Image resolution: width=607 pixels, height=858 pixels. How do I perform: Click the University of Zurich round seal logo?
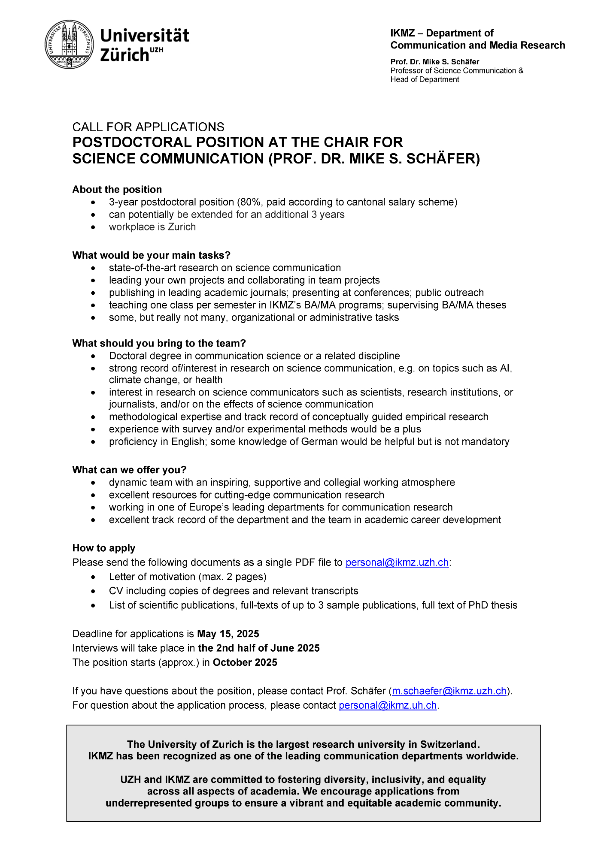coord(69,44)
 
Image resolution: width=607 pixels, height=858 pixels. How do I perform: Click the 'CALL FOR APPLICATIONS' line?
coord(148,127)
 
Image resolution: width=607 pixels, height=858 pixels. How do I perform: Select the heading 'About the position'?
coord(117,190)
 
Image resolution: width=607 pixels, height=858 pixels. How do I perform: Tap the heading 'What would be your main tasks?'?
coord(151,255)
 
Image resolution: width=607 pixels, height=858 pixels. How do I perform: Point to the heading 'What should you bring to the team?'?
coord(159,343)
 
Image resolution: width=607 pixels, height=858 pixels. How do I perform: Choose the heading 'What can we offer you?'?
coord(129,470)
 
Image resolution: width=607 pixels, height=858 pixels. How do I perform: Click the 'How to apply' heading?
coord(104,548)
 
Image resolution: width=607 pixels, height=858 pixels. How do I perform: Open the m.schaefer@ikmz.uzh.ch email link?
coord(449,691)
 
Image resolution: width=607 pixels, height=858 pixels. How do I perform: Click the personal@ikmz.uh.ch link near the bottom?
coord(388,705)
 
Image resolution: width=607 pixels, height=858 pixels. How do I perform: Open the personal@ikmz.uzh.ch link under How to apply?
coord(397,562)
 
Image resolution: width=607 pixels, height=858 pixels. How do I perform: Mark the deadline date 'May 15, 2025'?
coord(228,634)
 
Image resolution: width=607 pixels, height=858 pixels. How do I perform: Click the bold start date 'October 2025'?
coord(245,662)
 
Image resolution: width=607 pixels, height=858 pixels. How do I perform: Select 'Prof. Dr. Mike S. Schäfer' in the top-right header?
coord(434,62)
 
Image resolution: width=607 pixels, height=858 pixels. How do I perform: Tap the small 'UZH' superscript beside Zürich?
coord(156,50)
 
